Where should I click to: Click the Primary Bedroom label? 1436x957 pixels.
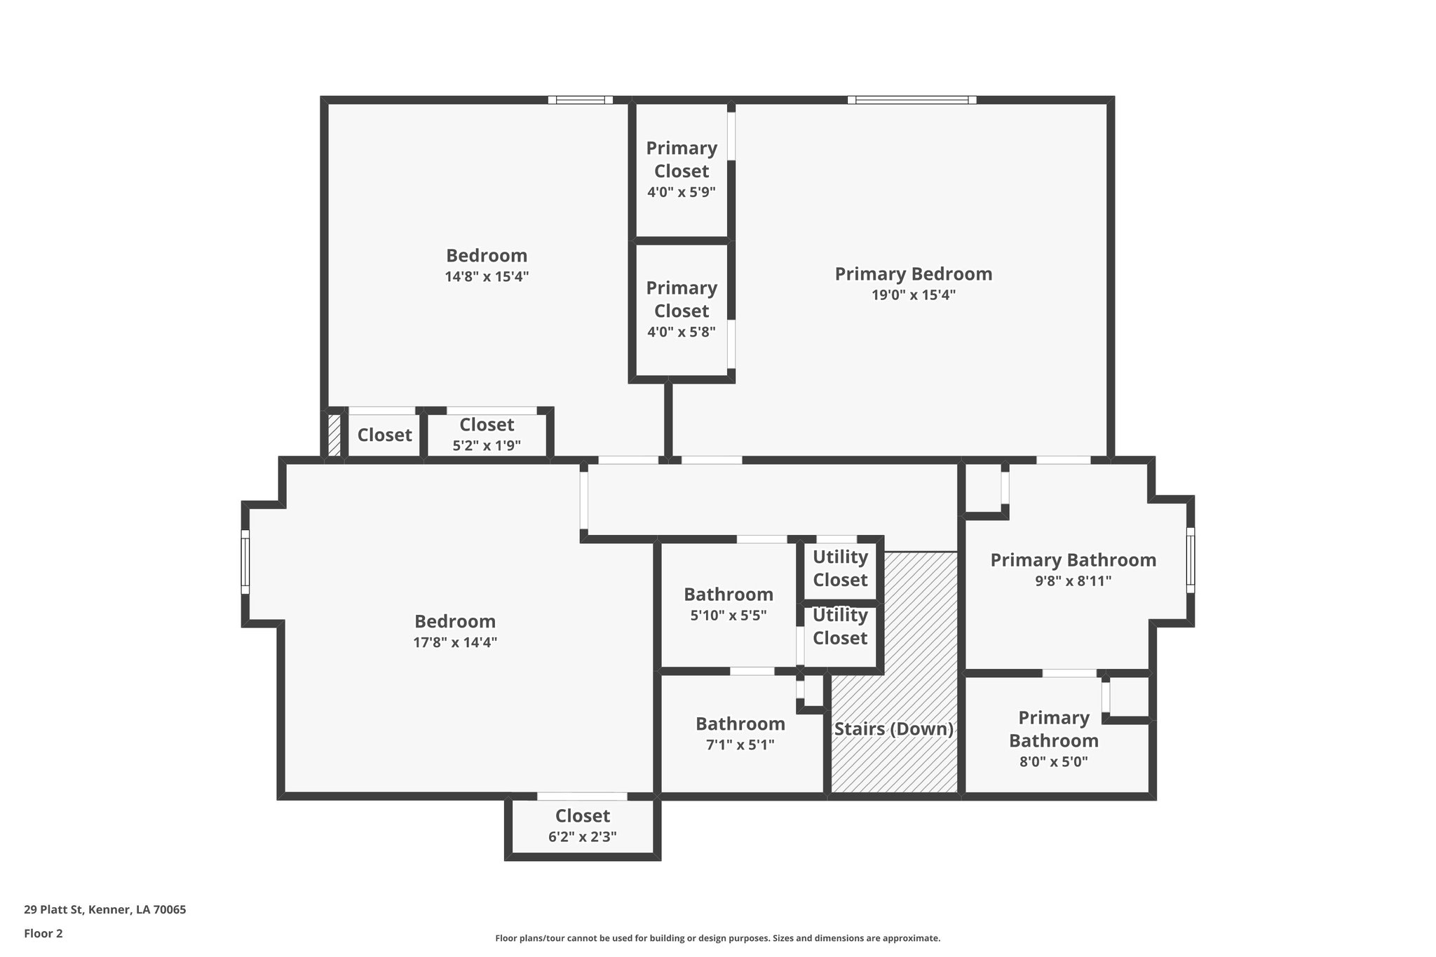pos(913,274)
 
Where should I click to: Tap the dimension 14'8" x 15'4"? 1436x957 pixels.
pos(486,277)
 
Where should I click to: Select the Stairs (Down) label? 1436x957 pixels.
pos(893,729)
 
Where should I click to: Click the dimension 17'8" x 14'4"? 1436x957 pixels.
pos(455,642)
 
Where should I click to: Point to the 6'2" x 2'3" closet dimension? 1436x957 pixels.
pos(582,836)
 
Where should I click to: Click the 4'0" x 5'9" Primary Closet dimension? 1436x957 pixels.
pos(681,192)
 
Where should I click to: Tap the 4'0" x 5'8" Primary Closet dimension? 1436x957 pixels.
pos(681,332)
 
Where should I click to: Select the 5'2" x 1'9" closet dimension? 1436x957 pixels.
pos(486,446)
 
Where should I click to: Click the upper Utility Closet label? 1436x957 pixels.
pos(840,569)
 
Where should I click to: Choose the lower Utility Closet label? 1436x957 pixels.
pos(840,627)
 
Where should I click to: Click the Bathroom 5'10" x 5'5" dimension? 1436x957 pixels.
pos(728,616)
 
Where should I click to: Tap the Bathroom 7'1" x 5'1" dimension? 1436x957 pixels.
pos(740,745)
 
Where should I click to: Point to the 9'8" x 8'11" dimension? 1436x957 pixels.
pos(1073,581)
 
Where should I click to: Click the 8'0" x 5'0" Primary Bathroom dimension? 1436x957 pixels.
pos(1053,762)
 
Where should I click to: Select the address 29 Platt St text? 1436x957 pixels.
pos(105,910)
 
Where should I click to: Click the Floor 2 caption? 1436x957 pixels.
pos(43,933)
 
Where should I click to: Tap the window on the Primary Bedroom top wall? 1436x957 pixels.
pos(912,100)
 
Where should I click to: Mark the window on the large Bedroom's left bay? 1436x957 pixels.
pos(245,562)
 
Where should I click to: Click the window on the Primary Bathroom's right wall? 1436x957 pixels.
pos(1190,560)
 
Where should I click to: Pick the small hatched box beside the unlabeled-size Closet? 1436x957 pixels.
pos(334,436)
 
